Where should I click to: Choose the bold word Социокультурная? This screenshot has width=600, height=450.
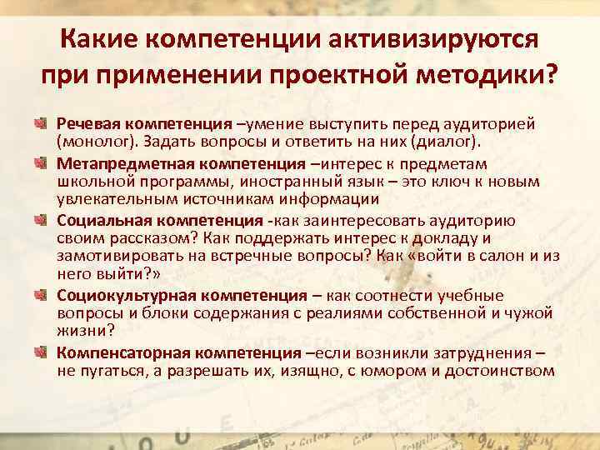[115, 296]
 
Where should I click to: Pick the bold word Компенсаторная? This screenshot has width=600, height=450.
[112, 352]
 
